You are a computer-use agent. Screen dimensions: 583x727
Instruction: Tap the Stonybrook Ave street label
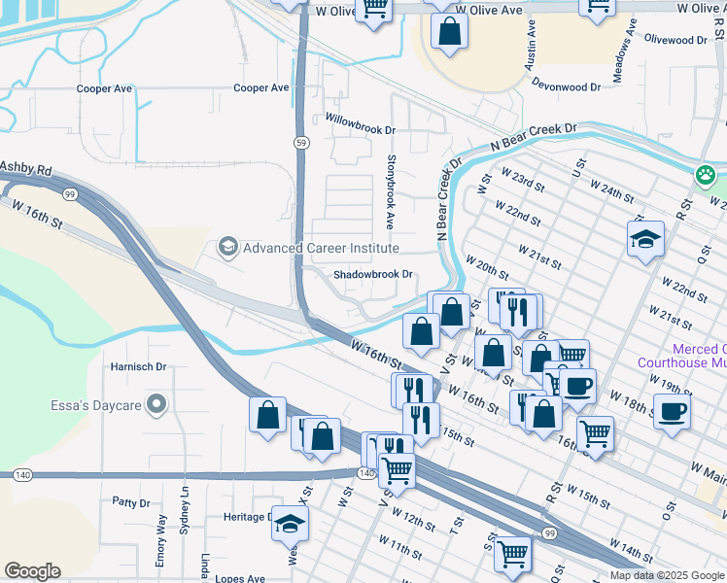[x=391, y=191]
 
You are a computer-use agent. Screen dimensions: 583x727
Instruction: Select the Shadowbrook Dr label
[x=374, y=275]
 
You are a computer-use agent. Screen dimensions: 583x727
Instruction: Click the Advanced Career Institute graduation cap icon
[x=227, y=248]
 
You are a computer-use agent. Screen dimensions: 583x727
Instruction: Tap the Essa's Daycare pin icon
[x=156, y=404]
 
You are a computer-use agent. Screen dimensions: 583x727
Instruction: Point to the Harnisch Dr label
[x=139, y=367]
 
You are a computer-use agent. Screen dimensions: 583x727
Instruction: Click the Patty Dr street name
[x=130, y=503]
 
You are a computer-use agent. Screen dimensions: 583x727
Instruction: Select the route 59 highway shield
[x=302, y=142]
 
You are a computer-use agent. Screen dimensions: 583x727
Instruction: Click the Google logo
[x=32, y=571]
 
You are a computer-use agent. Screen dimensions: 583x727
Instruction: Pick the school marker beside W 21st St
[x=645, y=238]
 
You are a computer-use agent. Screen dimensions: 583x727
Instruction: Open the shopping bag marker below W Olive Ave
[x=449, y=31]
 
